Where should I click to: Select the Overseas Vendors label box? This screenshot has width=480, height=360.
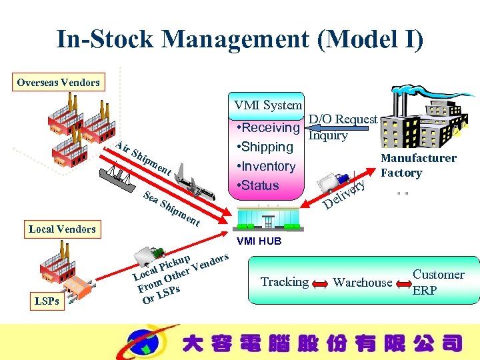tap(59, 83)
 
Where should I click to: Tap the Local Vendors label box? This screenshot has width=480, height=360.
tap(62, 229)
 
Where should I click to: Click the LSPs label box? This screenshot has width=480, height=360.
tap(47, 301)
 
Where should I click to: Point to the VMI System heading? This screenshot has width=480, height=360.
tap(268, 105)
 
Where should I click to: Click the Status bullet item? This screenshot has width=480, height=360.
tap(257, 185)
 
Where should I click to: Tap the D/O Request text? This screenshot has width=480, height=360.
tap(343, 119)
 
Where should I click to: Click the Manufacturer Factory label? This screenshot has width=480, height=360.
tap(418, 165)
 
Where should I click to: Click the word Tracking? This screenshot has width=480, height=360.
tap(285, 282)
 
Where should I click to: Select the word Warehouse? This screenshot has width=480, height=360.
tap(363, 283)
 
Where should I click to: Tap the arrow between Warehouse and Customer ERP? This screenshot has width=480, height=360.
tap(402, 283)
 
